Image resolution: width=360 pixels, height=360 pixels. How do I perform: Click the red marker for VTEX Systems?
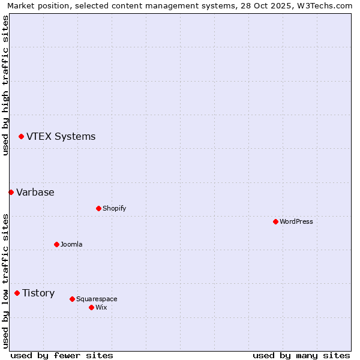(x=21, y=137)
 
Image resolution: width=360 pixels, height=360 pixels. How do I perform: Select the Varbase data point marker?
(x=11, y=192)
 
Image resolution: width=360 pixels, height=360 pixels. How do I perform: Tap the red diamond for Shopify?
(x=98, y=208)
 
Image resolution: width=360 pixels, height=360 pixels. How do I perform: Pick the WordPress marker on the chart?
(x=275, y=221)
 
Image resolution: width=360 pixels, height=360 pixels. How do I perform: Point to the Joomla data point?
(x=56, y=244)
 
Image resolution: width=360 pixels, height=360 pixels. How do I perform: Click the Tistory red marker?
(x=17, y=293)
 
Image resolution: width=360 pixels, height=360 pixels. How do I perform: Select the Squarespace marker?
(x=72, y=299)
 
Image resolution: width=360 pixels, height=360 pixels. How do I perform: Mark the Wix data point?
(x=91, y=307)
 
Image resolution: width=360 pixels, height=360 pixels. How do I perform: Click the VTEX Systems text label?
(x=61, y=136)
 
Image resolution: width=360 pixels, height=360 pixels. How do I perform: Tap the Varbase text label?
(x=35, y=192)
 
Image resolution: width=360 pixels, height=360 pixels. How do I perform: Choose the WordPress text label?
(x=296, y=221)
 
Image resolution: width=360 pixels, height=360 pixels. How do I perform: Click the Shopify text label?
(x=114, y=208)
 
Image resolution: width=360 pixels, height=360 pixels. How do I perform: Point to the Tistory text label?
(x=38, y=293)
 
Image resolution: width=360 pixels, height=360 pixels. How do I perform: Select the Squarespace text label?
(x=97, y=299)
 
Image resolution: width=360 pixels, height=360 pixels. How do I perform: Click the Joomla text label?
(x=71, y=244)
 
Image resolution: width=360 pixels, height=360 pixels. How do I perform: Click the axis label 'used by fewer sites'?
(x=62, y=355)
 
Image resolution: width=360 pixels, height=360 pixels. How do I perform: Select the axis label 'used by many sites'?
(x=301, y=355)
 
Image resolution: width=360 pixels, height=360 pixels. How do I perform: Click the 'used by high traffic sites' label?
(x=5, y=85)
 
